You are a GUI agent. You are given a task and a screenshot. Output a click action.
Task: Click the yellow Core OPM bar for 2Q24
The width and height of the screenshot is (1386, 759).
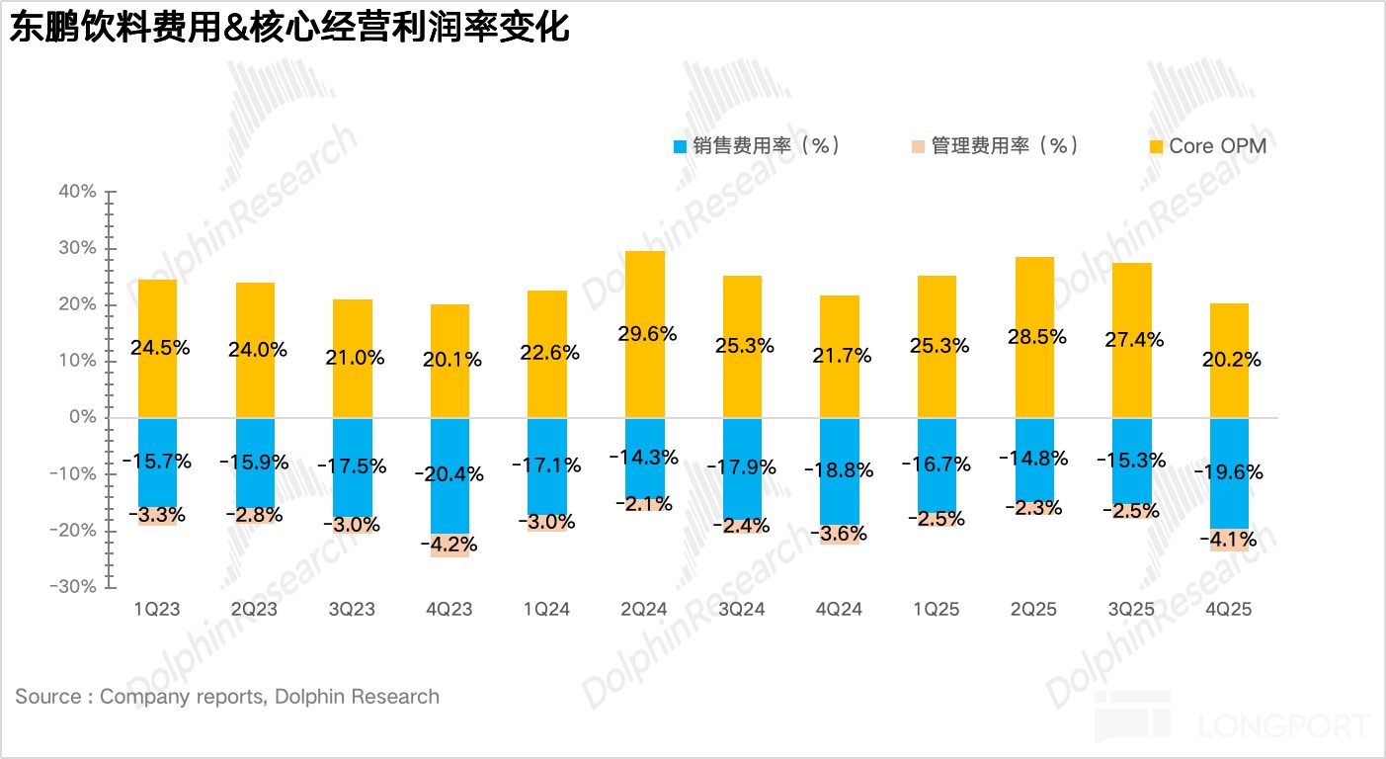click(644, 296)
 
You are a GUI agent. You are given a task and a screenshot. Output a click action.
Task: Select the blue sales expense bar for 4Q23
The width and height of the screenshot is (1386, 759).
click(449, 445)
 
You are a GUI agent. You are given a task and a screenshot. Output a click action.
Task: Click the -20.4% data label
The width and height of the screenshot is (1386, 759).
click(449, 474)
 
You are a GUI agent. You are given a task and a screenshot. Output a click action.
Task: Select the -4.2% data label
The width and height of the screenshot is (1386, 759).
click(449, 545)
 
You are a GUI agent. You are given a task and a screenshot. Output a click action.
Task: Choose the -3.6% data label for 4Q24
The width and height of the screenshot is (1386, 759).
click(840, 534)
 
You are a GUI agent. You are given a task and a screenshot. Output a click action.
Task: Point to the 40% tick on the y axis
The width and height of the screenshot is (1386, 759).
click(77, 192)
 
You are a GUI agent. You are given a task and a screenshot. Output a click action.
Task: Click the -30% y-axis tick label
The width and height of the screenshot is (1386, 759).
click(74, 586)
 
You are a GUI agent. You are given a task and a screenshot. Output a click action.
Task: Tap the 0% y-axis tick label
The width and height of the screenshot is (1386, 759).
click(83, 417)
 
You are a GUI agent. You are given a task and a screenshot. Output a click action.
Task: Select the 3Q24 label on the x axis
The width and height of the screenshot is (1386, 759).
click(742, 610)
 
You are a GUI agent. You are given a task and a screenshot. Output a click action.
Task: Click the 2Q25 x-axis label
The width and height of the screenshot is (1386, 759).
click(1034, 610)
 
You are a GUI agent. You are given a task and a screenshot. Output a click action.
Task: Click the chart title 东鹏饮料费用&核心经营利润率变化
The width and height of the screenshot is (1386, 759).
click(289, 28)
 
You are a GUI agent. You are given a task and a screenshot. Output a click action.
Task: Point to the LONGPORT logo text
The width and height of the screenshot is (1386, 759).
click(1284, 727)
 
